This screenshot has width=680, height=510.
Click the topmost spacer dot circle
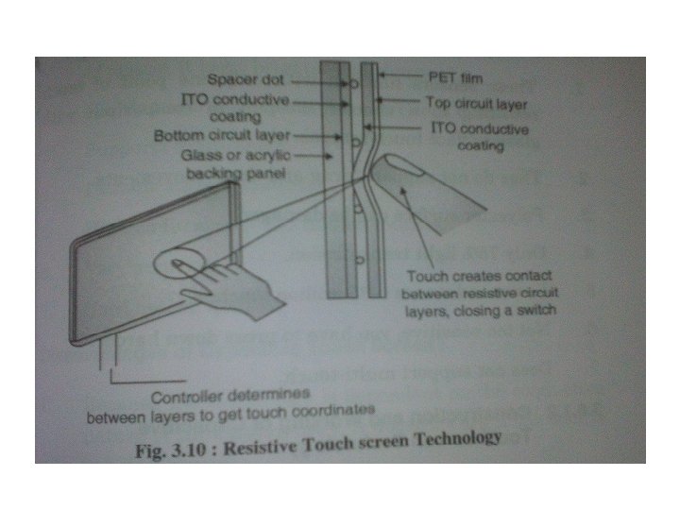352,84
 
